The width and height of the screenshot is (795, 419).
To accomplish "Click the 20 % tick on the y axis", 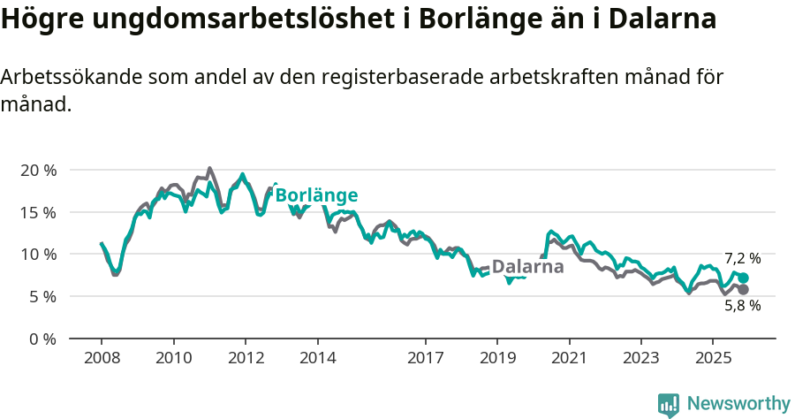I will point(38,170).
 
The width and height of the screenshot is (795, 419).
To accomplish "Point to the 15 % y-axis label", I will point(38,212).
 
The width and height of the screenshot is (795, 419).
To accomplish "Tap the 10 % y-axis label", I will point(38,255).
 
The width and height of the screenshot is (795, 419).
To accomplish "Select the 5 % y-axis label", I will point(42,297).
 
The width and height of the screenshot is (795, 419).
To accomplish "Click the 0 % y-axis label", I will point(42,339).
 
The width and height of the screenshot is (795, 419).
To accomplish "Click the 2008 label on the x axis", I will point(102,358).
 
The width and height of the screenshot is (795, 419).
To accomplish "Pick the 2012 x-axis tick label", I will point(246,358).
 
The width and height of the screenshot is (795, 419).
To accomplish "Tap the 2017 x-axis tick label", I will point(426,358).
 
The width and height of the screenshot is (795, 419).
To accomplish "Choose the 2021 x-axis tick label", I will point(570,358).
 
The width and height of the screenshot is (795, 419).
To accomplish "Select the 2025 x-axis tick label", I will point(713,358).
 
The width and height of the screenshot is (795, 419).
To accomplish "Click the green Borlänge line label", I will point(316,195).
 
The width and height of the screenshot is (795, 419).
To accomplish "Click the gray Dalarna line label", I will point(527,267).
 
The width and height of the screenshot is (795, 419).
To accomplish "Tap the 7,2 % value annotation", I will point(742,259).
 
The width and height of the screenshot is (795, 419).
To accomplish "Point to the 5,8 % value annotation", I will point(742,306).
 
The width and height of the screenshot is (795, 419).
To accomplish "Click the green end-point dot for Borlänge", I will point(743,278).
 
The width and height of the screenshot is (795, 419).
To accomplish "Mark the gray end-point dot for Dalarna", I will point(743,290).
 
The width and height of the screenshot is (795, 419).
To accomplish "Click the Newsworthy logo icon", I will point(669,404).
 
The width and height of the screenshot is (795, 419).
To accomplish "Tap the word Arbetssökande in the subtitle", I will point(62,77).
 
